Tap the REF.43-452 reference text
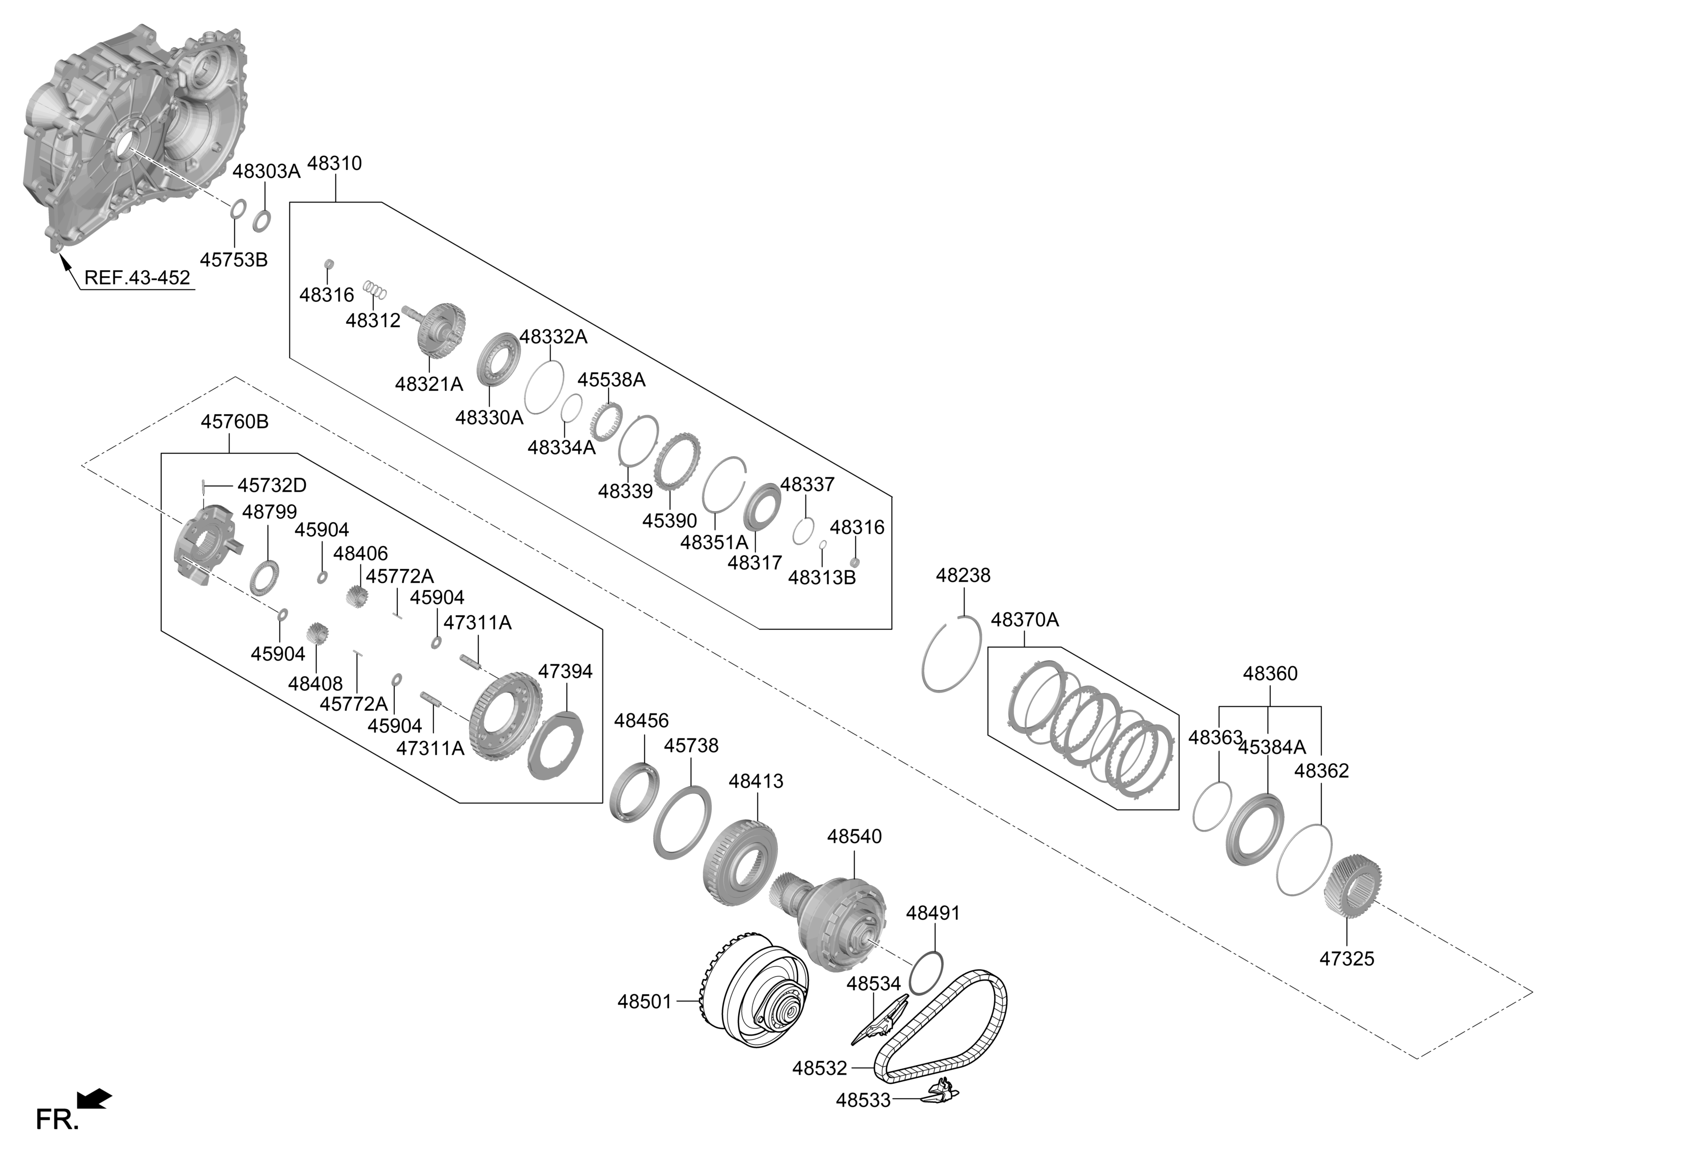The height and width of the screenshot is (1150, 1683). pos(137,278)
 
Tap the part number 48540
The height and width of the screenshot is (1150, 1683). pos(855,837)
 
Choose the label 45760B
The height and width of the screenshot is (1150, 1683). pos(234,421)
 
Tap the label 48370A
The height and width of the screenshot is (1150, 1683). pos(1024,620)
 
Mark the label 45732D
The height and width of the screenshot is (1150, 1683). pos(272,485)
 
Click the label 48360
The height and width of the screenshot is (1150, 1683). pos(1269,674)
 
